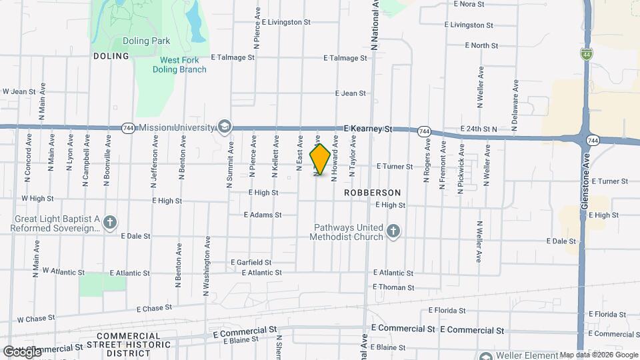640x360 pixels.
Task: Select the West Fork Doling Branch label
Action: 179,65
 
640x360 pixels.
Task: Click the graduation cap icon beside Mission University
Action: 225,127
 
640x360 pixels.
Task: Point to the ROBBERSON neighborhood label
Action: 373,193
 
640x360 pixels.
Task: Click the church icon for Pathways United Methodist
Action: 393,231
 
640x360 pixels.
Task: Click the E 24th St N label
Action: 479,129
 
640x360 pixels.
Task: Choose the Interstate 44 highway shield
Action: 585,54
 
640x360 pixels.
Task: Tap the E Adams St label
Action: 263,215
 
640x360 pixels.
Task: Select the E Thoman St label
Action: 393,287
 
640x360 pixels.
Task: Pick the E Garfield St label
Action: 251,263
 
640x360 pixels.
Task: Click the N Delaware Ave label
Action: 515,101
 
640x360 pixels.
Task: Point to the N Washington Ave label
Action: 207,266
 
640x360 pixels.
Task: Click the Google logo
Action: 22,351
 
